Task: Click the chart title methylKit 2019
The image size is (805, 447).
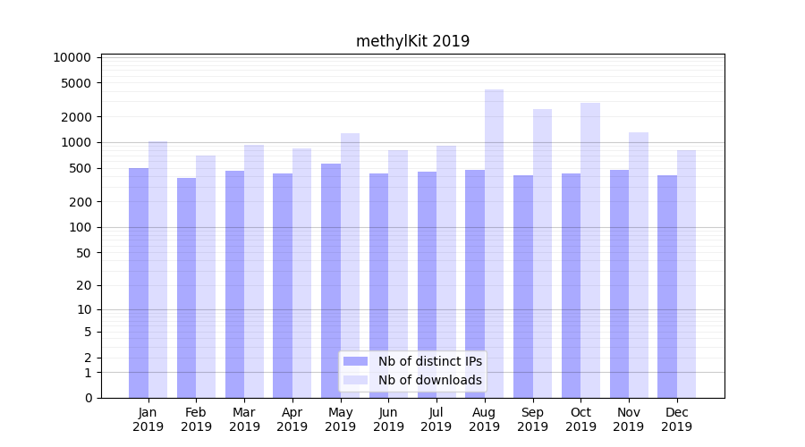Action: coord(412,41)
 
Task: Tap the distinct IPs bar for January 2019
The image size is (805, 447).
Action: coord(139,283)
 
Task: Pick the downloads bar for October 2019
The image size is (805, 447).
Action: coord(589,250)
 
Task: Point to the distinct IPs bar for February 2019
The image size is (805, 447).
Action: coord(186,287)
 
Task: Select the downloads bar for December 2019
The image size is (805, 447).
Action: coord(686,274)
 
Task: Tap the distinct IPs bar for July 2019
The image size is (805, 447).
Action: coord(427,284)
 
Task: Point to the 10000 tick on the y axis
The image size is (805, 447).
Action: coord(72,57)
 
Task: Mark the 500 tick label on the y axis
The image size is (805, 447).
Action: coord(80,168)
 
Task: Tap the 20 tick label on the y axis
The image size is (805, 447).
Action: coord(83,285)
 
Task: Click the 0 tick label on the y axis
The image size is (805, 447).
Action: coord(88,398)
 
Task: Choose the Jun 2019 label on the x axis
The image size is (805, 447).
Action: coord(388,419)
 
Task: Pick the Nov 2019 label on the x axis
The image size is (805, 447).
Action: coord(629,419)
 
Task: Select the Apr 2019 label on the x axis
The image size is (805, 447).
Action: coord(292,419)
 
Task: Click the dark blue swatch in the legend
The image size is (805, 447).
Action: coord(356,361)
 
